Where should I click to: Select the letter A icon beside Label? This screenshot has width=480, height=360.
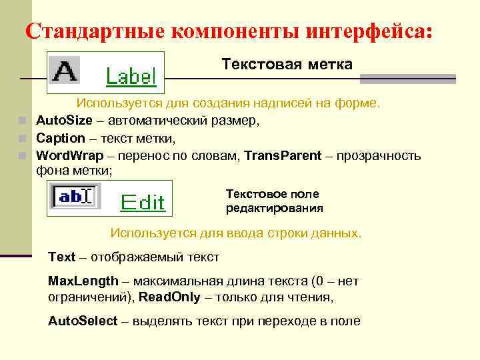(65, 71)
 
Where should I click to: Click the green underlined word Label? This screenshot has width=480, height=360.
(131, 77)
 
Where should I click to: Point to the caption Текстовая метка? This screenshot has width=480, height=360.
(287, 64)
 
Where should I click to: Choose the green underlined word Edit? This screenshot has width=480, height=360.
(142, 202)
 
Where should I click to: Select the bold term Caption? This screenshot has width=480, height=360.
(60, 138)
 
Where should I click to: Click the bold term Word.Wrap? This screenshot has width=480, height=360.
(69, 155)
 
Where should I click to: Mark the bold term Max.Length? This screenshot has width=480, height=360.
(83, 281)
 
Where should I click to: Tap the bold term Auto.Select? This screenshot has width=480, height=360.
(83, 321)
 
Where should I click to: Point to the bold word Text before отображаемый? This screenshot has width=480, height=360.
(61, 257)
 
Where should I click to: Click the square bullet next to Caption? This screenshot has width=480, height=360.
(22, 139)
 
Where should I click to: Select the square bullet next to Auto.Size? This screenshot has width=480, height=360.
(22, 121)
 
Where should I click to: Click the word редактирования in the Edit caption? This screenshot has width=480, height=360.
(274, 208)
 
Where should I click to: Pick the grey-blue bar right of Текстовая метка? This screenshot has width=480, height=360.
(407, 79)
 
